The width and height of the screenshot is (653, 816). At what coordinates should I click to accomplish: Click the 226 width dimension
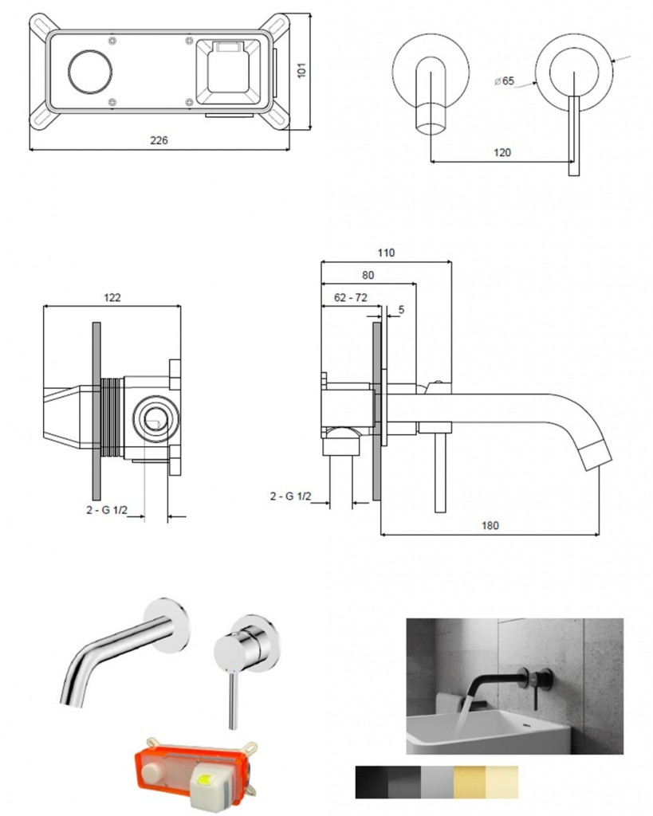(x=159, y=140)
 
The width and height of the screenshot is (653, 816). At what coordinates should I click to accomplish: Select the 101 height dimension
(x=301, y=70)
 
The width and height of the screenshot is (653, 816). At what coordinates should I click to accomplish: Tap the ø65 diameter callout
(x=504, y=81)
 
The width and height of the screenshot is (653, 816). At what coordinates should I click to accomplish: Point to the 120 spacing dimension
(x=502, y=152)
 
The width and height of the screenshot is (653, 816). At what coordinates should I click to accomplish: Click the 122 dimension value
(x=112, y=297)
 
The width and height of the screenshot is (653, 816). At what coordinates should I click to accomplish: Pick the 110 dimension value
(x=386, y=253)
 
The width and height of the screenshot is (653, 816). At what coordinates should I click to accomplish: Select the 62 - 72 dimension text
(x=351, y=297)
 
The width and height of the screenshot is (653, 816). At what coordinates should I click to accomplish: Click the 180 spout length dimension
(x=490, y=525)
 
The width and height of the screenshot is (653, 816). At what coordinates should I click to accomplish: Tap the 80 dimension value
(x=368, y=275)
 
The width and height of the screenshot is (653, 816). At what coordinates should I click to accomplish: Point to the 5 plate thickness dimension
(x=400, y=309)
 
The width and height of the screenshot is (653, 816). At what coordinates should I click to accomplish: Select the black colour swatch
(x=371, y=782)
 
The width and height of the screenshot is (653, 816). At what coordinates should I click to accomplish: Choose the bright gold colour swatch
(x=469, y=782)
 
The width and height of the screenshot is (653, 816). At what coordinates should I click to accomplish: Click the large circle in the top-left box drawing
(x=86, y=71)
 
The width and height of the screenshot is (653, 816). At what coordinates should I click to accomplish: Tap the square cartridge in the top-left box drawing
(x=230, y=73)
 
